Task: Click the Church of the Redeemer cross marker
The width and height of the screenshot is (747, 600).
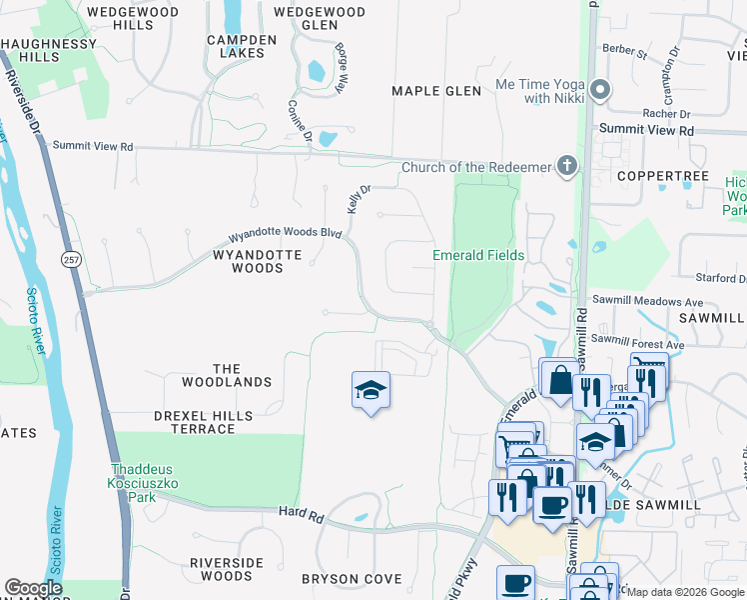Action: (x=567, y=166)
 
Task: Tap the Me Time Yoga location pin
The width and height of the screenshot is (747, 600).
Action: (x=599, y=90)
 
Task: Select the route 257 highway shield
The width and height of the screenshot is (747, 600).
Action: (x=67, y=258)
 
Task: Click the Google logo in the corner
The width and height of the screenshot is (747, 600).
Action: (x=33, y=588)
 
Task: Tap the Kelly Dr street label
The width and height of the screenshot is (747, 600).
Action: (x=353, y=198)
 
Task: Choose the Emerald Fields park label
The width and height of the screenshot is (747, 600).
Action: (x=478, y=255)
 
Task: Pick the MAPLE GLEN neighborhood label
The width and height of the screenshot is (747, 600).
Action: (x=436, y=91)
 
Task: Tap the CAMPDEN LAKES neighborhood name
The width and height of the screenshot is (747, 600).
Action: (x=241, y=47)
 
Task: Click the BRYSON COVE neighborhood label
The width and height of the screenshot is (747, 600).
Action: (x=352, y=579)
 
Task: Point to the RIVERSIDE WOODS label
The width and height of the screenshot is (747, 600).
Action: (x=227, y=569)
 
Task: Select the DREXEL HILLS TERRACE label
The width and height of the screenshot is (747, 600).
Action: (x=195, y=422)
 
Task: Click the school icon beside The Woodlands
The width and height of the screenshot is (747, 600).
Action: (x=371, y=390)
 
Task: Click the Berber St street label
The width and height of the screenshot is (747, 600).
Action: (x=625, y=48)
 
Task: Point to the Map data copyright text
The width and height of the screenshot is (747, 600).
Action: (x=686, y=592)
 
